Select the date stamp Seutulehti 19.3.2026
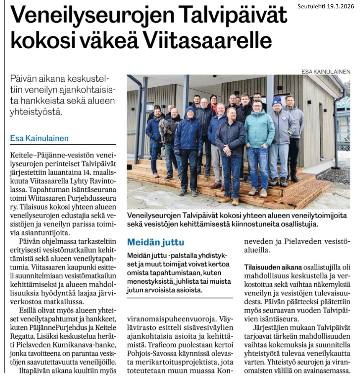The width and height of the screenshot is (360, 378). coord(324,6)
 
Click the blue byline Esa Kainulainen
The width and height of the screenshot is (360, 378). coord(39,138)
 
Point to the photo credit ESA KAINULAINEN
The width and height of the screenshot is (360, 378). coord(326,72)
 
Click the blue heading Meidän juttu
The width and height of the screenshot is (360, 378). coord(156,242)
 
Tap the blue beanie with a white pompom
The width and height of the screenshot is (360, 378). coord(277,101)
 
